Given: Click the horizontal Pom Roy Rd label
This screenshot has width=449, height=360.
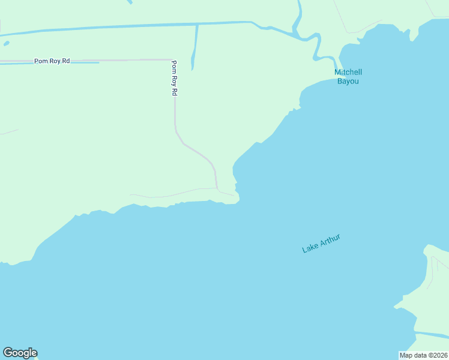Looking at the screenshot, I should click(x=52, y=61).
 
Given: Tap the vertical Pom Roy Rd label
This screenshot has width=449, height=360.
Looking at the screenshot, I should click(x=174, y=78).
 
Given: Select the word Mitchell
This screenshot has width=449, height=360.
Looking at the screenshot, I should click(x=348, y=73).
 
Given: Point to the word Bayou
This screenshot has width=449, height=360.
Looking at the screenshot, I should click(x=348, y=81).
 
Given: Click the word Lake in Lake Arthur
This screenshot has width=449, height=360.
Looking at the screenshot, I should click(x=310, y=247).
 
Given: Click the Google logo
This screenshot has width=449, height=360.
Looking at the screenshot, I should click(x=20, y=353).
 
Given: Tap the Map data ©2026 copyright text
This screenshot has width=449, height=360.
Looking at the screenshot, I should click(x=423, y=355).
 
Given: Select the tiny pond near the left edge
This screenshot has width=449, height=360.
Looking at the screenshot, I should click(x=6, y=43).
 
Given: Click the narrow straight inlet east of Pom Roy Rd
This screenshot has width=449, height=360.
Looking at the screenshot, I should click(x=194, y=48).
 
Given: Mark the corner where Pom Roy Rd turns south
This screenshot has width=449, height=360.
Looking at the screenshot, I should click(x=173, y=60).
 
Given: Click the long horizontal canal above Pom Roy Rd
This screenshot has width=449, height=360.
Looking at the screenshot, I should click(x=120, y=26).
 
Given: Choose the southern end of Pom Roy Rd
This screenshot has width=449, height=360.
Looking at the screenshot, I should click(x=217, y=187).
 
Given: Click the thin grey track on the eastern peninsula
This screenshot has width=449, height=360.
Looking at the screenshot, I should click(x=433, y=273).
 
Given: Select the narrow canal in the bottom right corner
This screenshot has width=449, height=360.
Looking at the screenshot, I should click(x=432, y=334).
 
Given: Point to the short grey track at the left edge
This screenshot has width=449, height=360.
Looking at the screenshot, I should click(x=8, y=131).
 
